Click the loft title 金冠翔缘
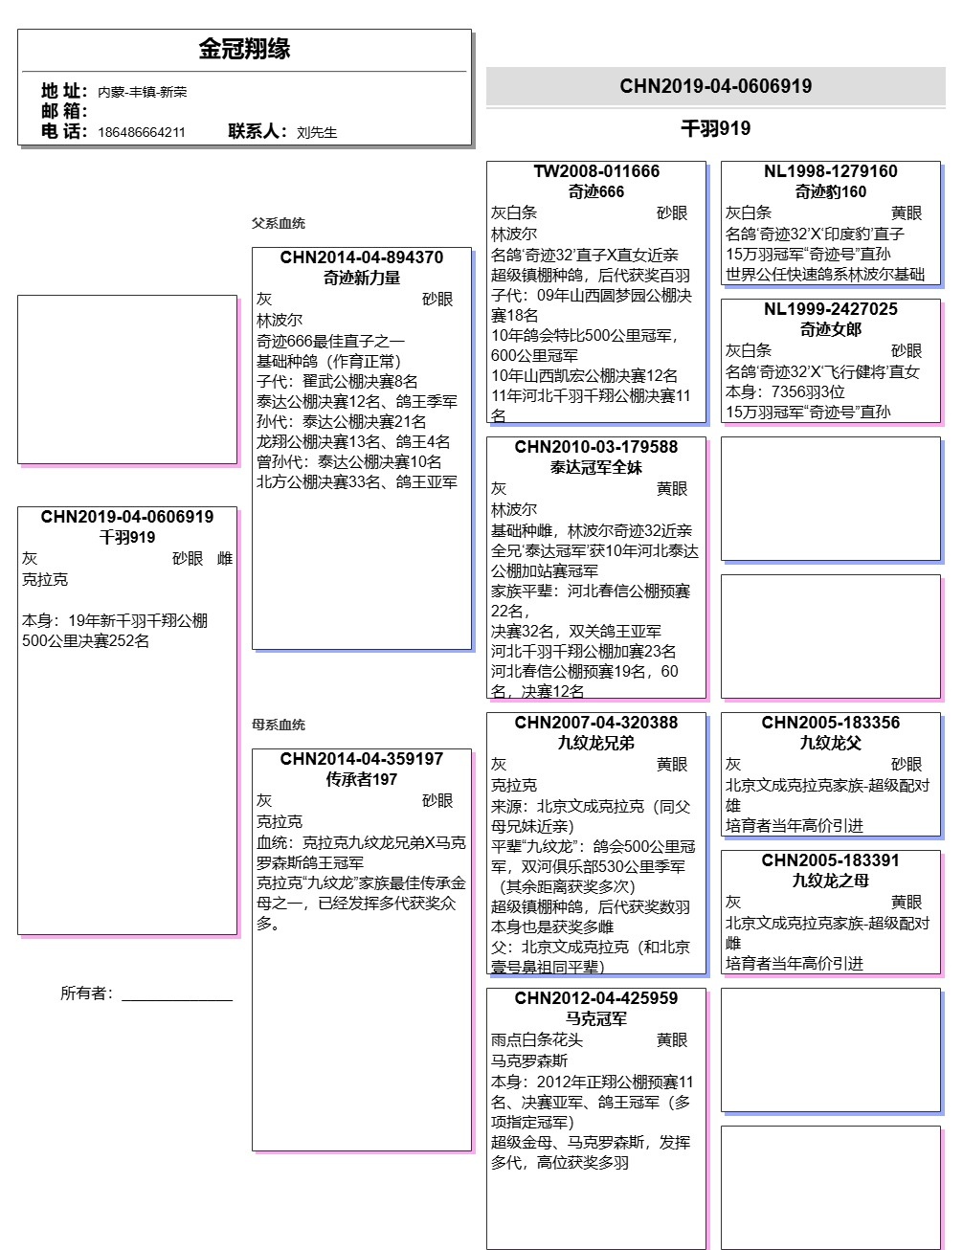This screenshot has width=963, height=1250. (x=244, y=49)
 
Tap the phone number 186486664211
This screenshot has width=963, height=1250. (x=142, y=132)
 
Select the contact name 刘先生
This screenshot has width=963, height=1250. (x=317, y=132)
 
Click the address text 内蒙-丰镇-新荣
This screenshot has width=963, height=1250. (x=143, y=92)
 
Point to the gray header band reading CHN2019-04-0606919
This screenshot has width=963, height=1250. (x=715, y=86)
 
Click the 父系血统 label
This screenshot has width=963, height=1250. (x=279, y=223)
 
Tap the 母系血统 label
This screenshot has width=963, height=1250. (x=279, y=725)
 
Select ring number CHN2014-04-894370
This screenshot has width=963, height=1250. (x=362, y=257)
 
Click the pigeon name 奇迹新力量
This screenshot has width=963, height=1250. (x=362, y=278)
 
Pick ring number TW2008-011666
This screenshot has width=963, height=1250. (x=596, y=171)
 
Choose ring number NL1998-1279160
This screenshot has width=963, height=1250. (x=831, y=171)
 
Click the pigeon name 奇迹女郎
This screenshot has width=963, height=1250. (x=831, y=329)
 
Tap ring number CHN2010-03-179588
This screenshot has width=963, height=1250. (x=596, y=447)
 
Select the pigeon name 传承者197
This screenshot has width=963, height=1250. (x=362, y=779)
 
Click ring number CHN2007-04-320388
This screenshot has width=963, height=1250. (x=596, y=723)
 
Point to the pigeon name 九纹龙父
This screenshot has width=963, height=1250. (x=831, y=743)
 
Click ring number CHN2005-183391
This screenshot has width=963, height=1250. (x=831, y=860)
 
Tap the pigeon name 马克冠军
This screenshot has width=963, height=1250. (x=596, y=1018)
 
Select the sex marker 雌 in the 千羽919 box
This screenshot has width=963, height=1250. (x=225, y=559)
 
